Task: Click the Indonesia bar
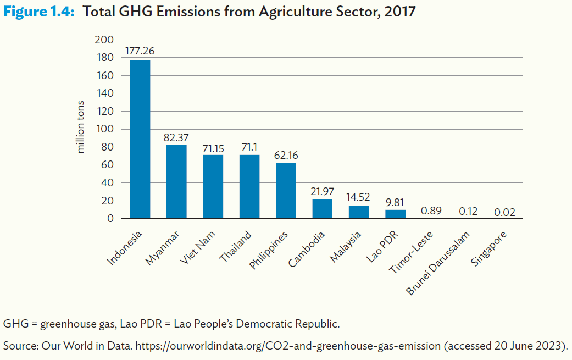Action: point(140,139)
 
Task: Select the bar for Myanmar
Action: point(176,181)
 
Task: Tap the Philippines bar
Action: point(286,191)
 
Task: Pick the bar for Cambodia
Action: point(322,209)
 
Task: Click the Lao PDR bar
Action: point(395,214)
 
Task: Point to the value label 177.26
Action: point(140,51)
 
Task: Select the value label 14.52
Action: point(359,197)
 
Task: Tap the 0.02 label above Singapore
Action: point(504,212)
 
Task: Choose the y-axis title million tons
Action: point(81,126)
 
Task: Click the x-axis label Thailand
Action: point(235,247)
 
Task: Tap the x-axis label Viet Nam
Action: point(198,248)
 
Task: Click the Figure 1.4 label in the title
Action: point(38,12)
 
